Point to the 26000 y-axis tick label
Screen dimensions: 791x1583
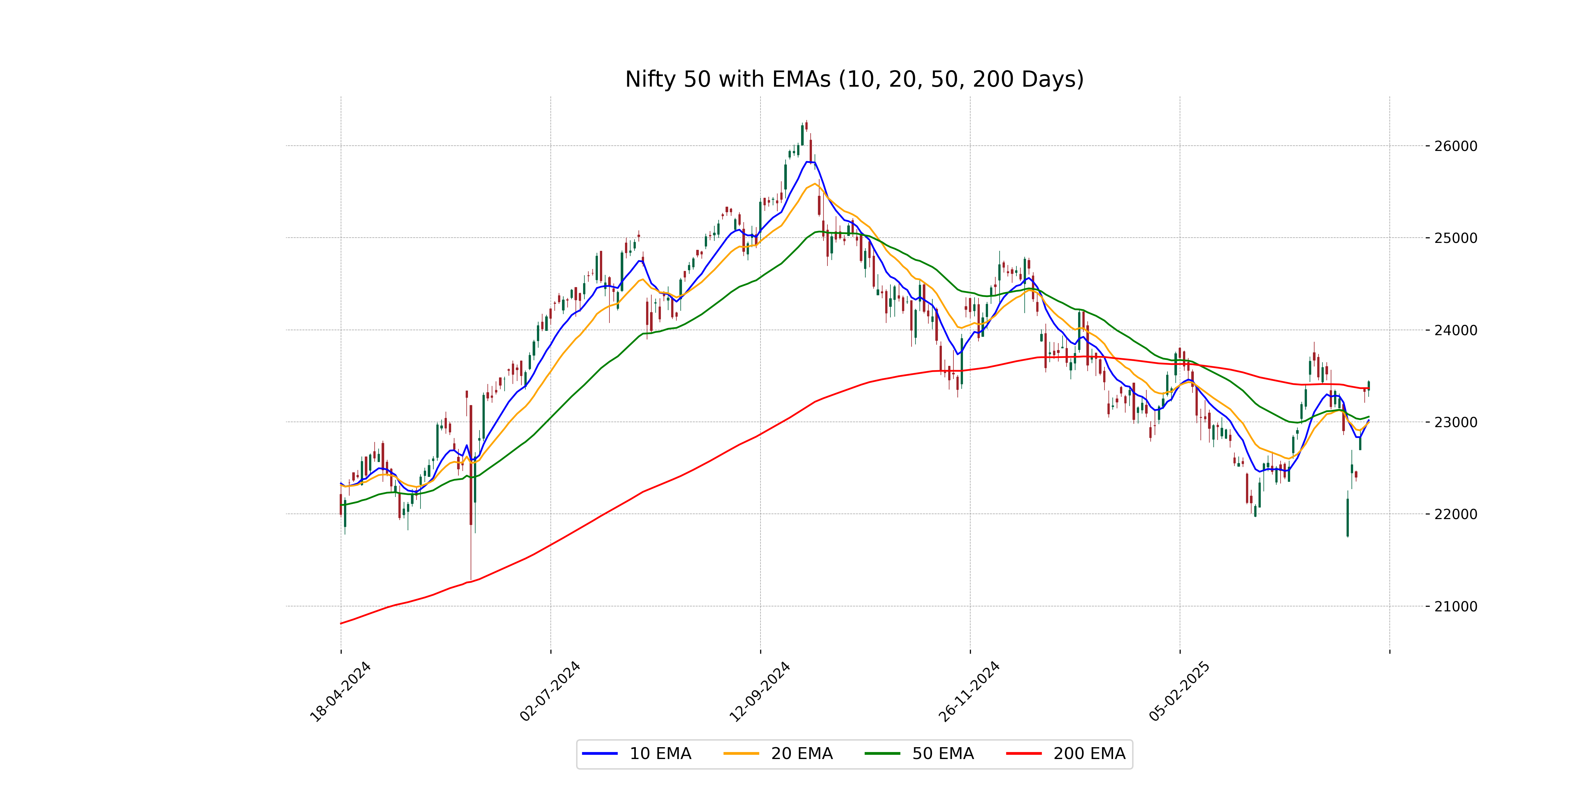click(1455, 146)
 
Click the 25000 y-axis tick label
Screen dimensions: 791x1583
click(1455, 238)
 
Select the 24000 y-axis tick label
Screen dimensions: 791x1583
click(1455, 330)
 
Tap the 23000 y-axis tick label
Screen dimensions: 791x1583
click(1455, 423)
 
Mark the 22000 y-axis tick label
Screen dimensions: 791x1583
click(1455, 514)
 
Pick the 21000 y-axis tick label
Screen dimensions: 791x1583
click(1455, 607)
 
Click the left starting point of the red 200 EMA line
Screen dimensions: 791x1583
click(341, 623)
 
